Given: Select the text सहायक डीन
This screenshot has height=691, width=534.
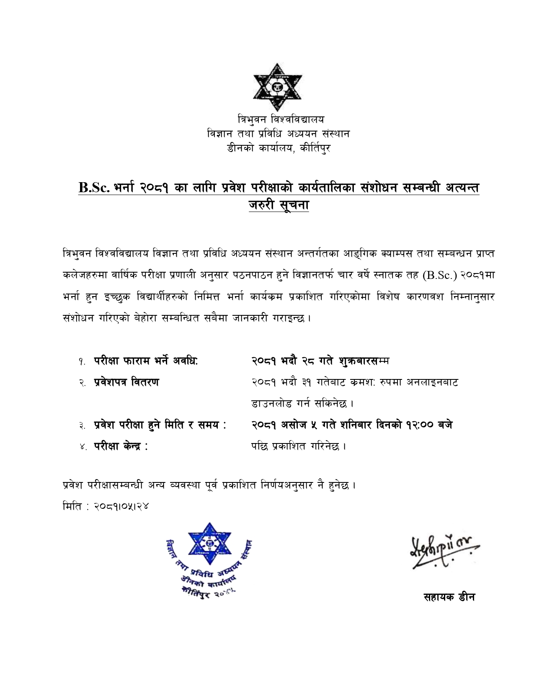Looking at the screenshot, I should click(449, 597).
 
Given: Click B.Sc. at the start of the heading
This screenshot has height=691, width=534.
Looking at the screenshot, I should click(94, 188).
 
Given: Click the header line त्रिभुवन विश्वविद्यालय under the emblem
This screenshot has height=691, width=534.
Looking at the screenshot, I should click(281, 119).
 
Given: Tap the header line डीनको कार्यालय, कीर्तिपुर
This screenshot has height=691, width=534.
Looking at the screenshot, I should click(279, 148).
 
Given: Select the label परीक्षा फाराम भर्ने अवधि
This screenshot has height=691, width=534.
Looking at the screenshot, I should click(145, 361).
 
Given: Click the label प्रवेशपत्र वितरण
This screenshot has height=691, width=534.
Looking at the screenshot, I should click(126, 382).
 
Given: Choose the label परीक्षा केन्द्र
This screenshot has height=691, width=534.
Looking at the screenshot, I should click(121, 446).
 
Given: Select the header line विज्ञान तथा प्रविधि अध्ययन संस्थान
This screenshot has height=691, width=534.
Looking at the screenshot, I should click(279, 134).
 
